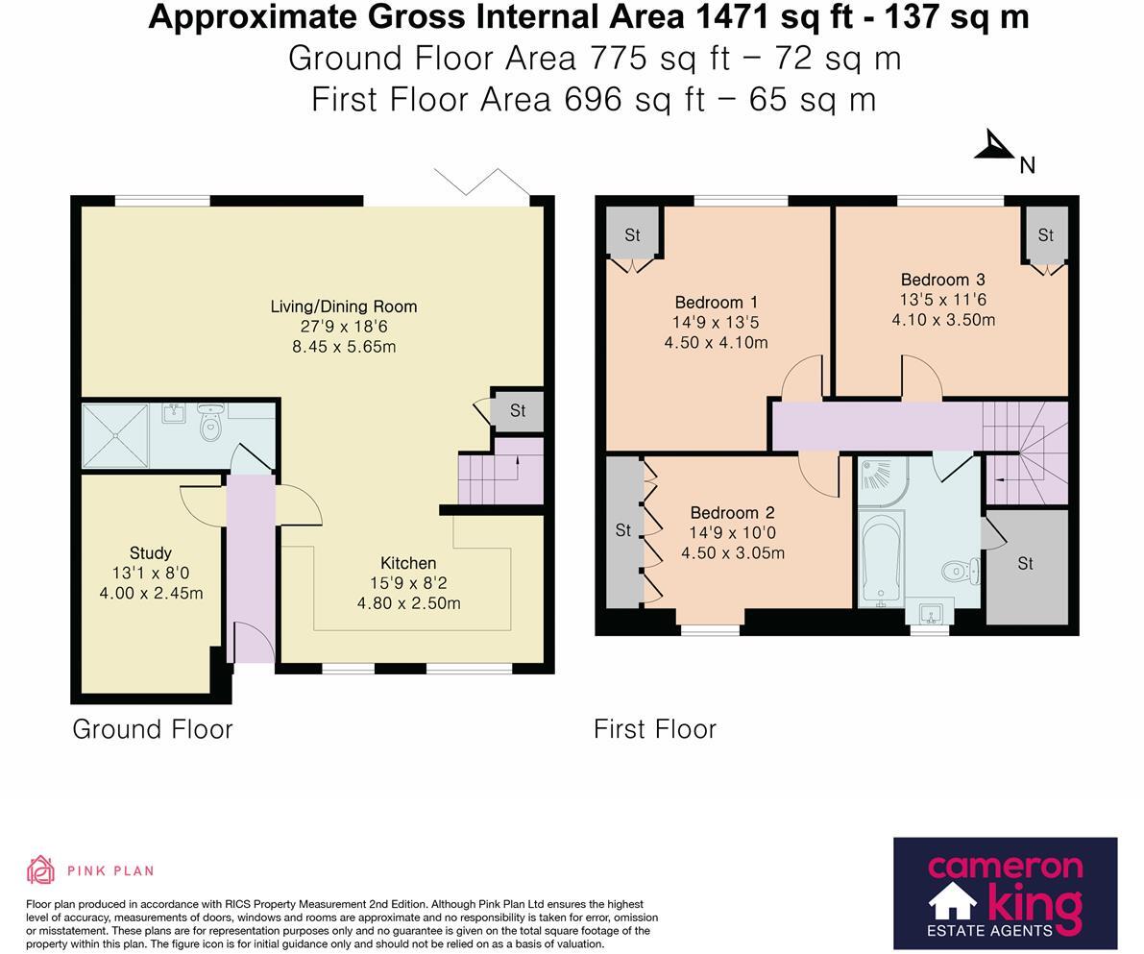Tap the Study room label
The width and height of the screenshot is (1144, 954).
(x=150, y=553)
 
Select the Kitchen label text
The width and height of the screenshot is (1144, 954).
(x=408, y=564)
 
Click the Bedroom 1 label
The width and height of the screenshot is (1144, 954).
(x=717, y=303)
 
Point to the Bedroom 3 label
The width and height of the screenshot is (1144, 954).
(x=942, y=280)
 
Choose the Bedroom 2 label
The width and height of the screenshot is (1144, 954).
(x=733, y=513)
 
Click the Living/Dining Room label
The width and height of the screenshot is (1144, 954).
(x=344, y=306)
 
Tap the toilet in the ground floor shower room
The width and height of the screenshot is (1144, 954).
(x=211, y=424)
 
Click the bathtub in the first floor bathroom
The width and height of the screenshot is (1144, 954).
(x=882, y=558)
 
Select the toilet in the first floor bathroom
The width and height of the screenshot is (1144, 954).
(x=961, y=570)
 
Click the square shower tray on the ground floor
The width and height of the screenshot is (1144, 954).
(x=115, y=436)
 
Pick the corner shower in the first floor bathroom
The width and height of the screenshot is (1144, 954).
(x=884, y=482)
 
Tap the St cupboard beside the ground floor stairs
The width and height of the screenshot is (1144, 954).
(x=518, y=411)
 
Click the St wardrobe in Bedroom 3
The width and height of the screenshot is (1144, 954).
(x=1046, y=235)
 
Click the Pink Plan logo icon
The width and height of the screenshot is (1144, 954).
(x=41, y=870)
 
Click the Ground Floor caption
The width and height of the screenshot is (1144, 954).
(x=153, y=729)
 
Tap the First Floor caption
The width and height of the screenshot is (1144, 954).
(x=655, y=729)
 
